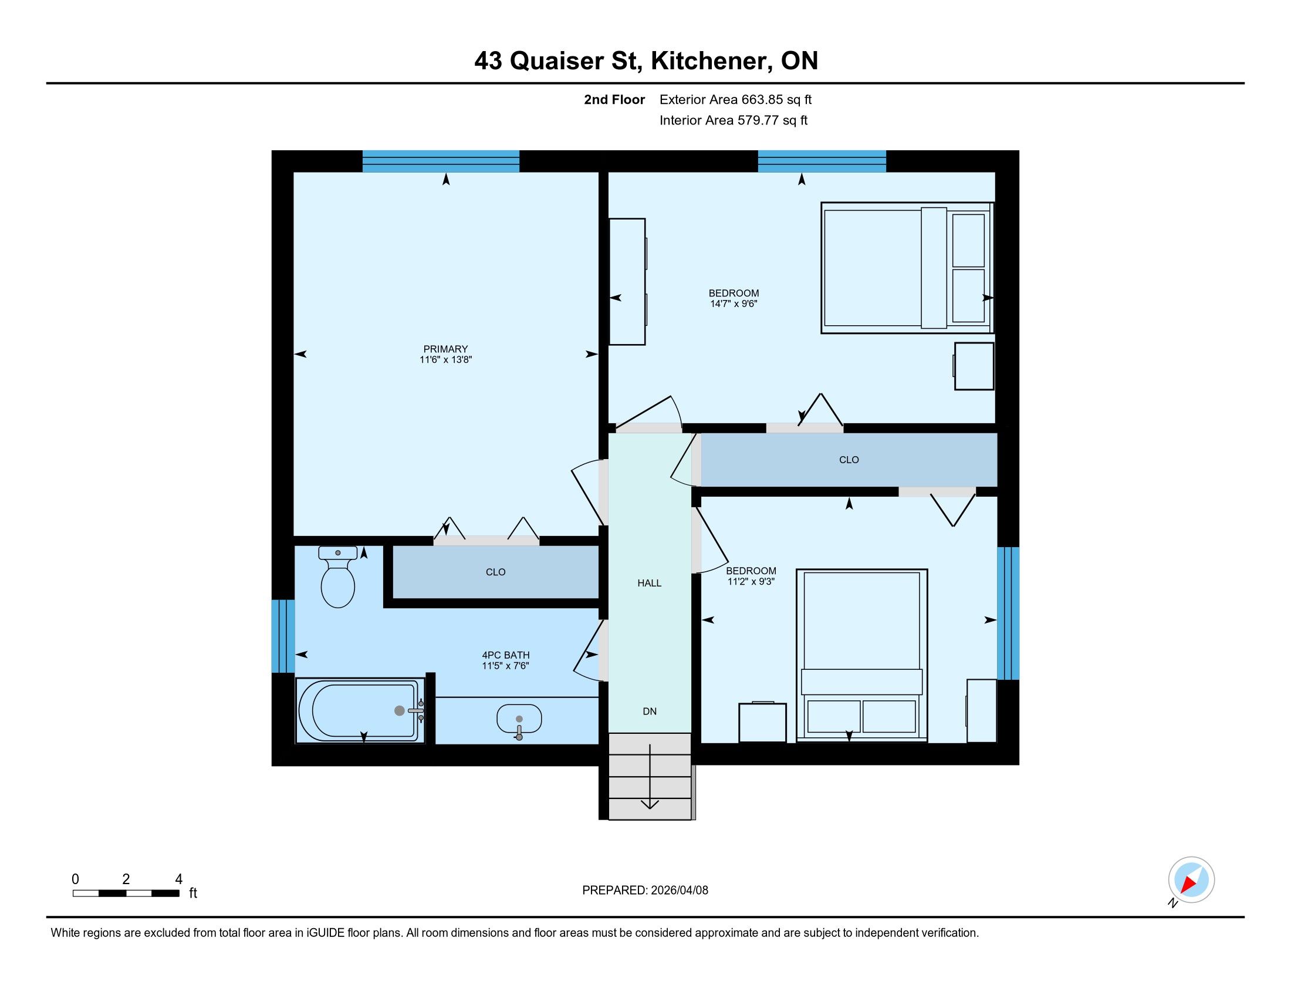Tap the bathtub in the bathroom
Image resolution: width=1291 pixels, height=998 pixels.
360,710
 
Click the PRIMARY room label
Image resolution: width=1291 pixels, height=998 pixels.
446,349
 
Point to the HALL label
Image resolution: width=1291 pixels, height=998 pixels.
649,583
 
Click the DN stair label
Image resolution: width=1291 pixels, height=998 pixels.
650,712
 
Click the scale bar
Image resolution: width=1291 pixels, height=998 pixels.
126,894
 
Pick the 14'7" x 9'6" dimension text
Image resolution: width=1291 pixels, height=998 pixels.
734,304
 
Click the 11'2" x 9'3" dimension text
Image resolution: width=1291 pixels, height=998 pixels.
751,582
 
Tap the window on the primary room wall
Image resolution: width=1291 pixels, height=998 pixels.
441,161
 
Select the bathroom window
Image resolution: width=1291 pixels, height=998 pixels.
283,636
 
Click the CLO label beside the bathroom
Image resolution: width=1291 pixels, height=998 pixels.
495,572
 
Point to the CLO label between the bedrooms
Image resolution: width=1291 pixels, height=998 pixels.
849,460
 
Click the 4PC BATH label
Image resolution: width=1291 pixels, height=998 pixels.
505,655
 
